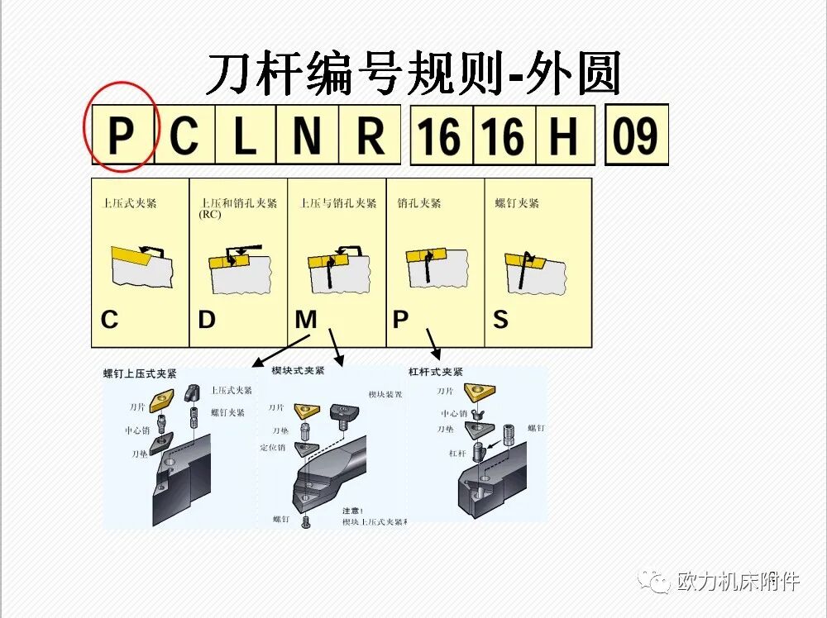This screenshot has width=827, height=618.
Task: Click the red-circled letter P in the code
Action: [121, 135]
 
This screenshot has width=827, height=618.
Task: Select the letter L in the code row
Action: [245, 135]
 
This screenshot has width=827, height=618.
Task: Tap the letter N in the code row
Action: [307, 135]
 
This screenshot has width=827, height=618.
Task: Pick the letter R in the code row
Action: [369, 135]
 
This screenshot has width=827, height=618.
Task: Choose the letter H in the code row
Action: [564, 135]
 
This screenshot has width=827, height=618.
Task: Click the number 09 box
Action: [636, 135]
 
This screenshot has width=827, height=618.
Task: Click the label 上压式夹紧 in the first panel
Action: [129, 202]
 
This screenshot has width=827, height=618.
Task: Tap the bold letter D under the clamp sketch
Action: [207, 319]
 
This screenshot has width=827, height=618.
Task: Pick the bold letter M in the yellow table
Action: [306, 319]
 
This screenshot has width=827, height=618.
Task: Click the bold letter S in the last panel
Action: [500, 319]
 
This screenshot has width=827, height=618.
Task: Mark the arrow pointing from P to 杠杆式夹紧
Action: [433, 340]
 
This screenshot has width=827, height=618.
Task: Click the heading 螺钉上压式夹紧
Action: [140, 373]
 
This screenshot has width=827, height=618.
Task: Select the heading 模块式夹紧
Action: [299, 371]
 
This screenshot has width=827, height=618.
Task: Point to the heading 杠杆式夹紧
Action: [437, 373]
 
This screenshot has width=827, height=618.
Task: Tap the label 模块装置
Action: [385, 395]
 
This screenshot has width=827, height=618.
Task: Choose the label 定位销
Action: [272, 447]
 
